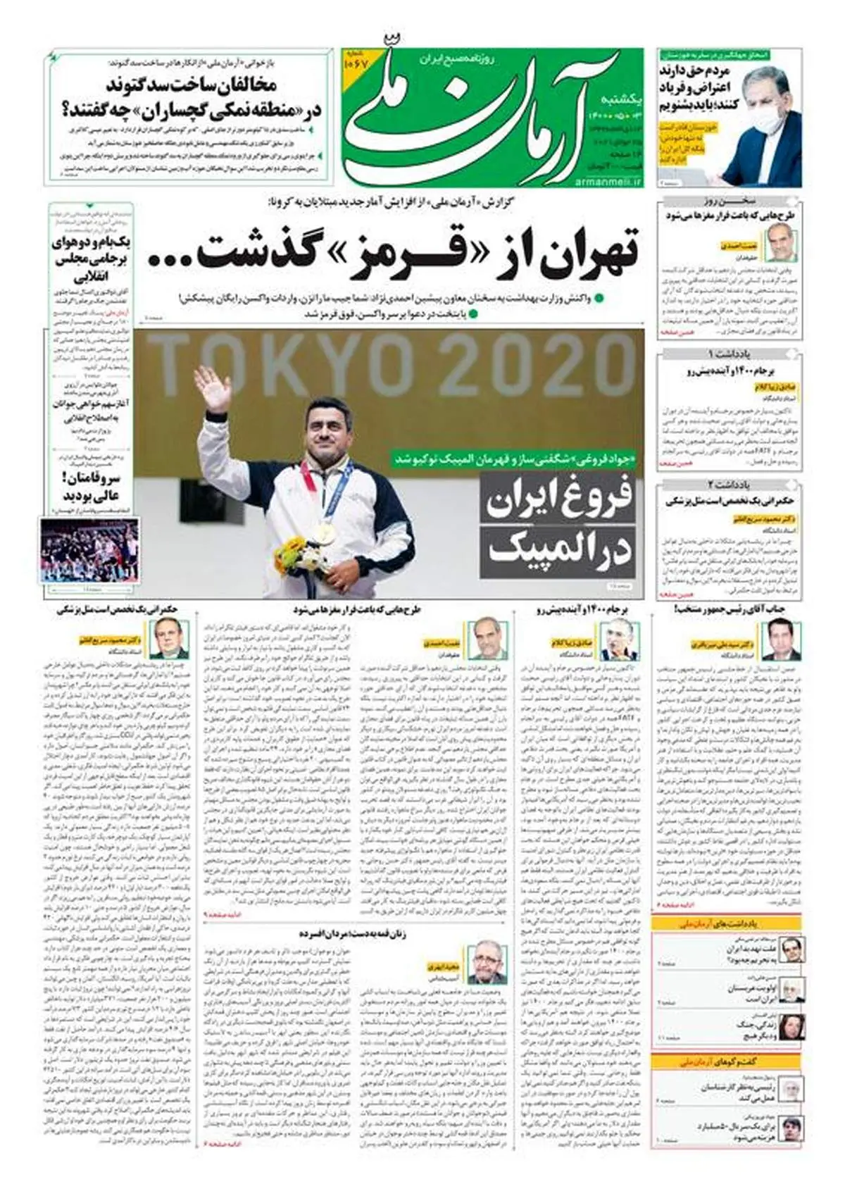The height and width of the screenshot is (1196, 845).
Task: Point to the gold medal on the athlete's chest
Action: pyautogui.click(x=327, y=531)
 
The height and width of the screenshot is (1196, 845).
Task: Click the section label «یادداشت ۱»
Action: pyautogui.click(x=730, y=352)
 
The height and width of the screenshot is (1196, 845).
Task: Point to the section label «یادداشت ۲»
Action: pyautogui.click(x=730, y=485)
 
